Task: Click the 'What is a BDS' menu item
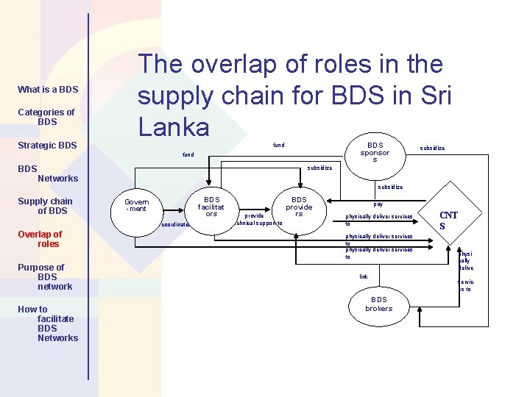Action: pyautogui.click(x=48, y=90)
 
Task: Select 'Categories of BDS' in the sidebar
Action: pyautogui.click(x=46, y=117)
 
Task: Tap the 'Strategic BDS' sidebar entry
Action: pyautogui.click(x=47, y=146)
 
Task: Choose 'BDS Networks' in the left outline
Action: pyautogui.click(x=49, y=174)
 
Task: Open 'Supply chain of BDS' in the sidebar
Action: pyautogui.click(x=46, y=206)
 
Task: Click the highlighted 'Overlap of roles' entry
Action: pyautogui.click(x=40, y=239)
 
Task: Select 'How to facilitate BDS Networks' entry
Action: pyautogui.click(x=48, y=323)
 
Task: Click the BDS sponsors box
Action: pyautogui.click(x=375, y=152)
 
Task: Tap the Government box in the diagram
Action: pyautogui.click(x=136, y=205)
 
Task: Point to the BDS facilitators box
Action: pyautogui.click(x=212, y=207)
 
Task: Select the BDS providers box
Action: pyautogui.click(x=299, y=207)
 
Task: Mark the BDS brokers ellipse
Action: pyautogui.click(x=379, y=304)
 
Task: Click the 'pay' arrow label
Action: pyautogui.click(x=378, y=204)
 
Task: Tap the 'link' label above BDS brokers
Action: pyautogui.click(x=363, y=276)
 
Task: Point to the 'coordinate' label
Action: pyautogui.click(x=175, y=224)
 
